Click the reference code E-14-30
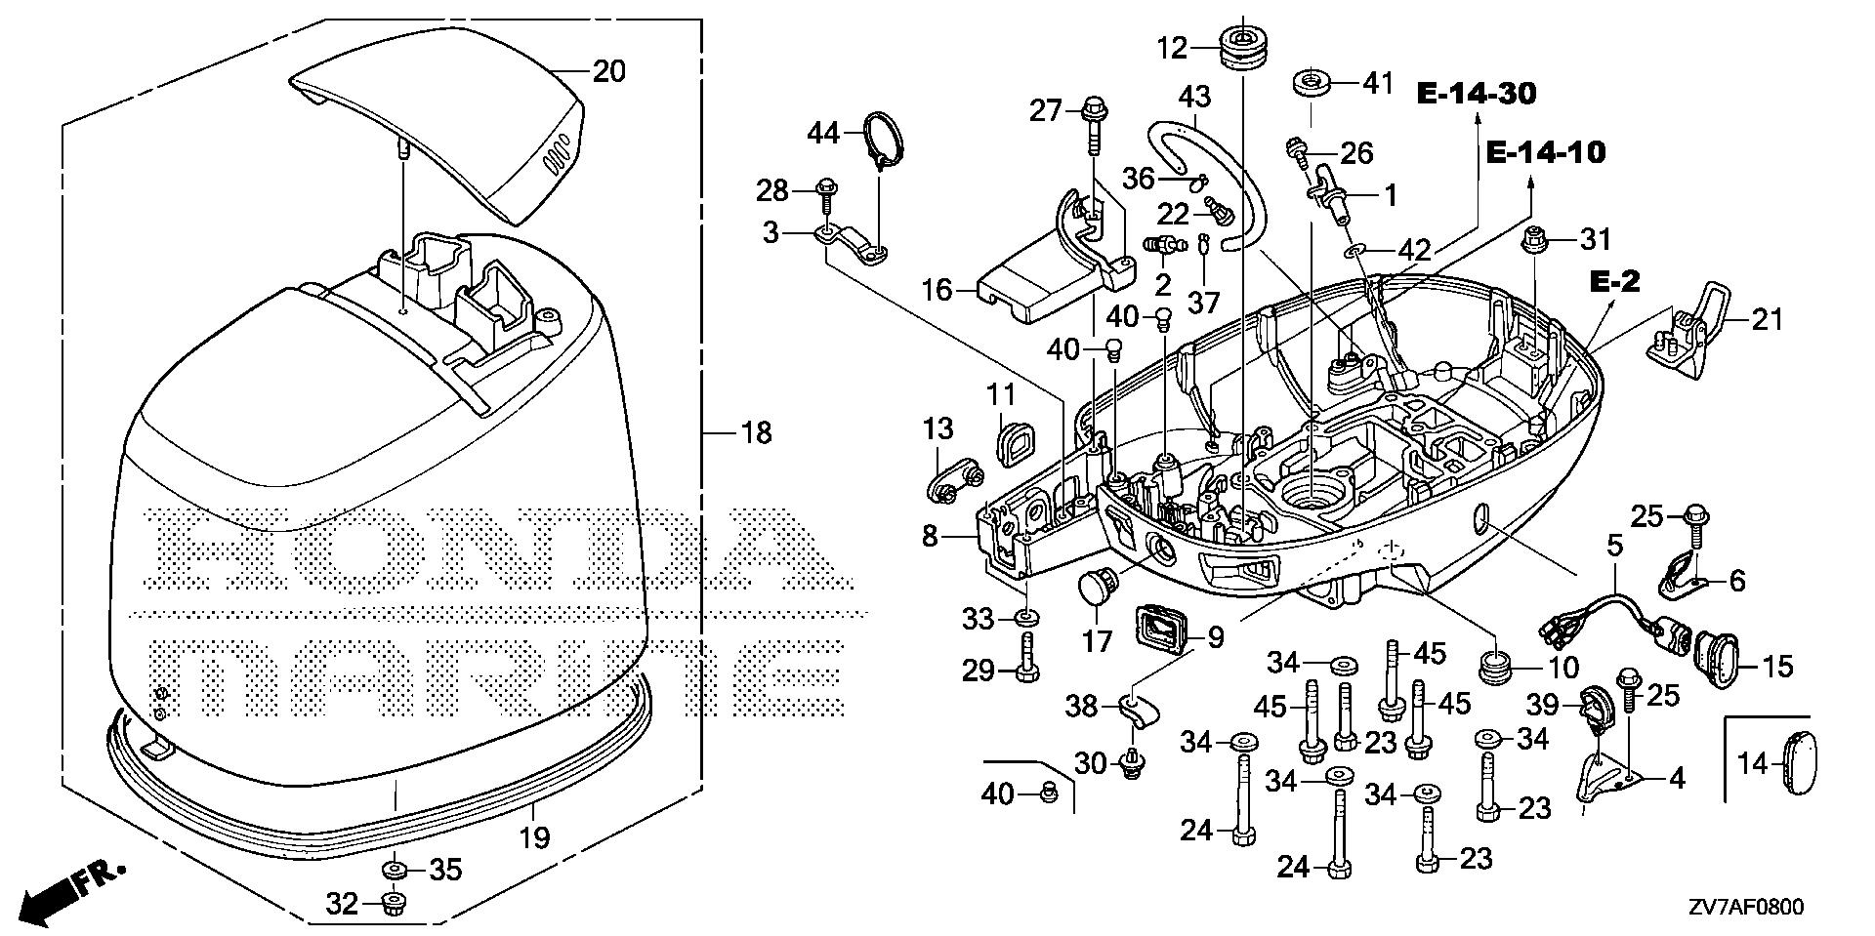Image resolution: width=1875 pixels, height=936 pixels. pos(1477,94)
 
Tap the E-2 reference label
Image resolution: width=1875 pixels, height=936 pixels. pos(1614,282)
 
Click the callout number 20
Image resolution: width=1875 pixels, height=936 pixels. pos(609,72)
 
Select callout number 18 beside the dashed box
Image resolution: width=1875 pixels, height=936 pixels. pos(756,431)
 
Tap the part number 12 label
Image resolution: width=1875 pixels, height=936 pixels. pos(1173,47)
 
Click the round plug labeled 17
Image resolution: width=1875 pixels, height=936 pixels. pos(1097,589)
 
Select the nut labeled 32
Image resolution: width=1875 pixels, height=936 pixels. pos(395,901)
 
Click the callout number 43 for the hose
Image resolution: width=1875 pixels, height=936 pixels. pos(1195,97)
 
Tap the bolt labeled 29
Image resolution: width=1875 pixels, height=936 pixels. pos(1026,658)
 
